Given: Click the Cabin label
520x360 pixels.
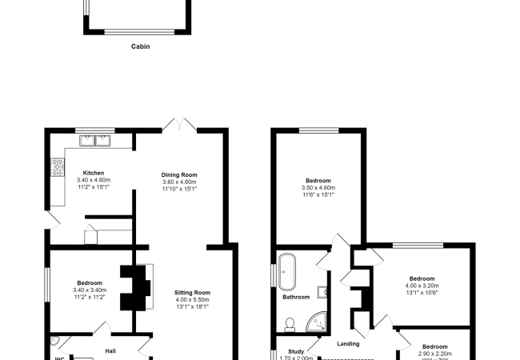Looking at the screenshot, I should (140, 46).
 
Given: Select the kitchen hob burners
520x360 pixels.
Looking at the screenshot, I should (58, 167).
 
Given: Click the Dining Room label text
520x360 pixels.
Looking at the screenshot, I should (179, 175).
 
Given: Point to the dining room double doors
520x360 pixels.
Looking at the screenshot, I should (179, 126).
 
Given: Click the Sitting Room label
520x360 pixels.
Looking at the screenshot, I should (192, 293).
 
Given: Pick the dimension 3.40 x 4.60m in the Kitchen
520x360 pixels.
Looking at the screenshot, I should (94, 181).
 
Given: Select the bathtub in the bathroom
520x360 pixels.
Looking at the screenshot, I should (287, 271).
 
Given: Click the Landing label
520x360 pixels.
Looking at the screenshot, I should (348, 344).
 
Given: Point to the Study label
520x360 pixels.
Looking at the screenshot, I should (295, 351).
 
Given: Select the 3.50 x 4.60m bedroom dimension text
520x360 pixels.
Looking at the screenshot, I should (318, 188).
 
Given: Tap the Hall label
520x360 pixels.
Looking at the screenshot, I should (110, 350).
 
